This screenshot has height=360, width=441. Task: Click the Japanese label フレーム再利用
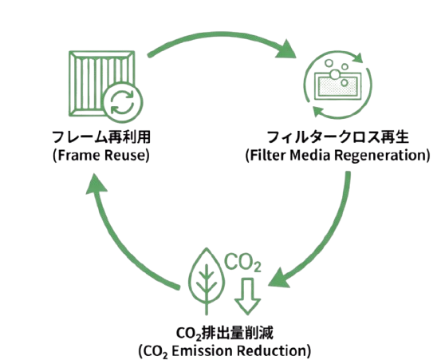click(x=101, y=137)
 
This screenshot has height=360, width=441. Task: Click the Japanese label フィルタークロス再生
click(x=337, y=137)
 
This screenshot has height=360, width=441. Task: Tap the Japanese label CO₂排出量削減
click(x=224, y=334)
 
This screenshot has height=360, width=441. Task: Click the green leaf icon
click(x=207, y=281)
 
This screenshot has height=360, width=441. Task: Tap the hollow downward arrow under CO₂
click(x=247, y=296)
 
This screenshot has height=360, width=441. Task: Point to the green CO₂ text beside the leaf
click(x=242, y=263)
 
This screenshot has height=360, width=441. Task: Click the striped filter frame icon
click(x=101, y=84)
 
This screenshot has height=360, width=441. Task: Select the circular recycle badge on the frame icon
click(x=123, y=103)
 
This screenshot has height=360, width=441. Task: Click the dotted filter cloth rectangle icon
click(x=338, y=86)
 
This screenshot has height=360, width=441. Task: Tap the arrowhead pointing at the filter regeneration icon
click(x=286, y=50)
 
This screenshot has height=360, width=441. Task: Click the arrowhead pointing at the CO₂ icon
click(x=279, y=278)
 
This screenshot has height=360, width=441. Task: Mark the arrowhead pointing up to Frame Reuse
click(x=96, y=184)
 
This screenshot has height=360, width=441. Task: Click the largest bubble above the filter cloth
click(x=335, y=74)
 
